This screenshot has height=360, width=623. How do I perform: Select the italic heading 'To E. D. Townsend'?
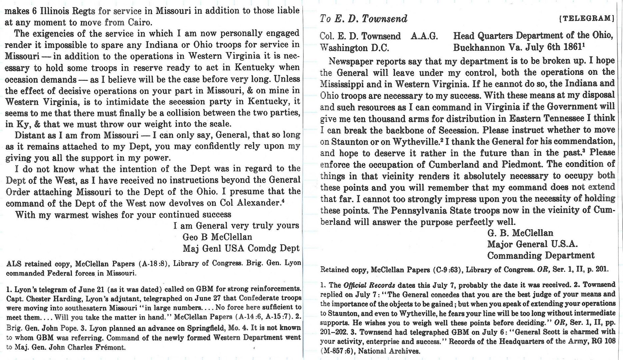363,19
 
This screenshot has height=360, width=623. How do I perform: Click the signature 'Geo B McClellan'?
217,237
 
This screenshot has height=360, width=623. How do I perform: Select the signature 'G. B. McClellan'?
520,233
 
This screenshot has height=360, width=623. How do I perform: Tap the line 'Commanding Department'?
540,256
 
